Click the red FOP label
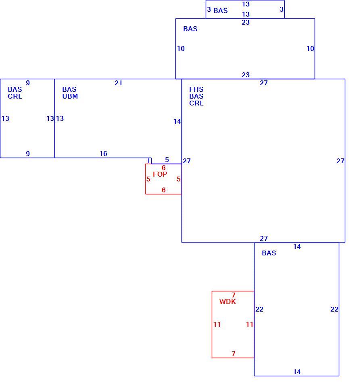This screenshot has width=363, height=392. (160, 174)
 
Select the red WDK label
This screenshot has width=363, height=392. (227, 301)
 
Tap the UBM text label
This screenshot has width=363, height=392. (70, 96)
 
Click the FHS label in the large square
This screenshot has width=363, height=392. (196, 89)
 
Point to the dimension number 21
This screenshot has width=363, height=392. (119, 83)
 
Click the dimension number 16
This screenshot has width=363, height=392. (104, 154)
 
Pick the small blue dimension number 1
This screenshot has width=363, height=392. (149, 160)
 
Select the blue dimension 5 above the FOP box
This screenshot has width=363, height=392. (167, 160)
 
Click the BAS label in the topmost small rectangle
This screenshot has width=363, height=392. (221, 11)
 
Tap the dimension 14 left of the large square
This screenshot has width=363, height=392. (177, 121)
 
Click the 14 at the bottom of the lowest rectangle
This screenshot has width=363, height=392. (297, 372)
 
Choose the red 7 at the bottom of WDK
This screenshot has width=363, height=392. (234, 354)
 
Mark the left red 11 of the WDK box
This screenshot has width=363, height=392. (217, 325)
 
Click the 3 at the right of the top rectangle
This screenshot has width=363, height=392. (282, 10)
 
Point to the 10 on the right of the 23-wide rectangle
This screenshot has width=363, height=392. (310, 48)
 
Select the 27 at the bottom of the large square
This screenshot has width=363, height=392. (264, 238)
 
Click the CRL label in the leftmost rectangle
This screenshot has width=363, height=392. (15, 96)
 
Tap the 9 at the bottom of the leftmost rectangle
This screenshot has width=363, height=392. (28, 154)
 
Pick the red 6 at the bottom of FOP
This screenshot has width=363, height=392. (164, 190)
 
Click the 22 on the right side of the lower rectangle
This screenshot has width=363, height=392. (334, 309)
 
